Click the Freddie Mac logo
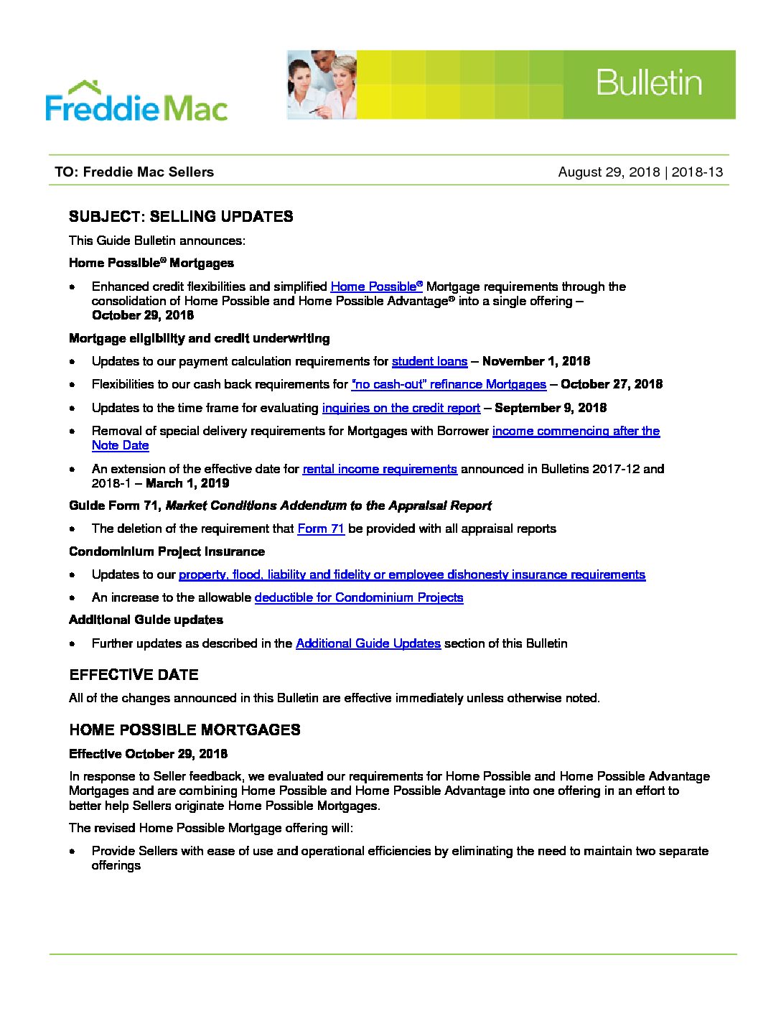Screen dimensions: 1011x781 (136, 102)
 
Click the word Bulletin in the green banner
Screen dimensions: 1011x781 (648, 83)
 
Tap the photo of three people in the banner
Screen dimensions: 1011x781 (322, 85)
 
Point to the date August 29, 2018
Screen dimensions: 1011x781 (609, 172)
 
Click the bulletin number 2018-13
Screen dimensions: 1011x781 (697, 172)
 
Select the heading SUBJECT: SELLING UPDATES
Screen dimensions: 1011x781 (181, 217)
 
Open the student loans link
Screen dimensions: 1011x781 (429, 361)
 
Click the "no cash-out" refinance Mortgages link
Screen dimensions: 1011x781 (449, 384)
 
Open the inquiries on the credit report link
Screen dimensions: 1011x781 (401, 408)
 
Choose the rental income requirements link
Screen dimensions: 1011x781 (380, 469)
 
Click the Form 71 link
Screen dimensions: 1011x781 (321, 528)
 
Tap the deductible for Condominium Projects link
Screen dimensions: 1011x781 (359, 597)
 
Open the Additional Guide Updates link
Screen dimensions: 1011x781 (368, 643)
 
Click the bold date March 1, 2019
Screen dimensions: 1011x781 (187, 483)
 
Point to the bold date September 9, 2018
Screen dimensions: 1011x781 (551, 408)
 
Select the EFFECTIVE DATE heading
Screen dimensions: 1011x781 (134, 675)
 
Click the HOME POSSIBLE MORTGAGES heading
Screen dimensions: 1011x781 (184, 730)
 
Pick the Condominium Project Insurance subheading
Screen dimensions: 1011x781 (167, 551)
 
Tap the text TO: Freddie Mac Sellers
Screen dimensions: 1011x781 (134, 172)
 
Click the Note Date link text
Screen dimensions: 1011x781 (120, 445)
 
